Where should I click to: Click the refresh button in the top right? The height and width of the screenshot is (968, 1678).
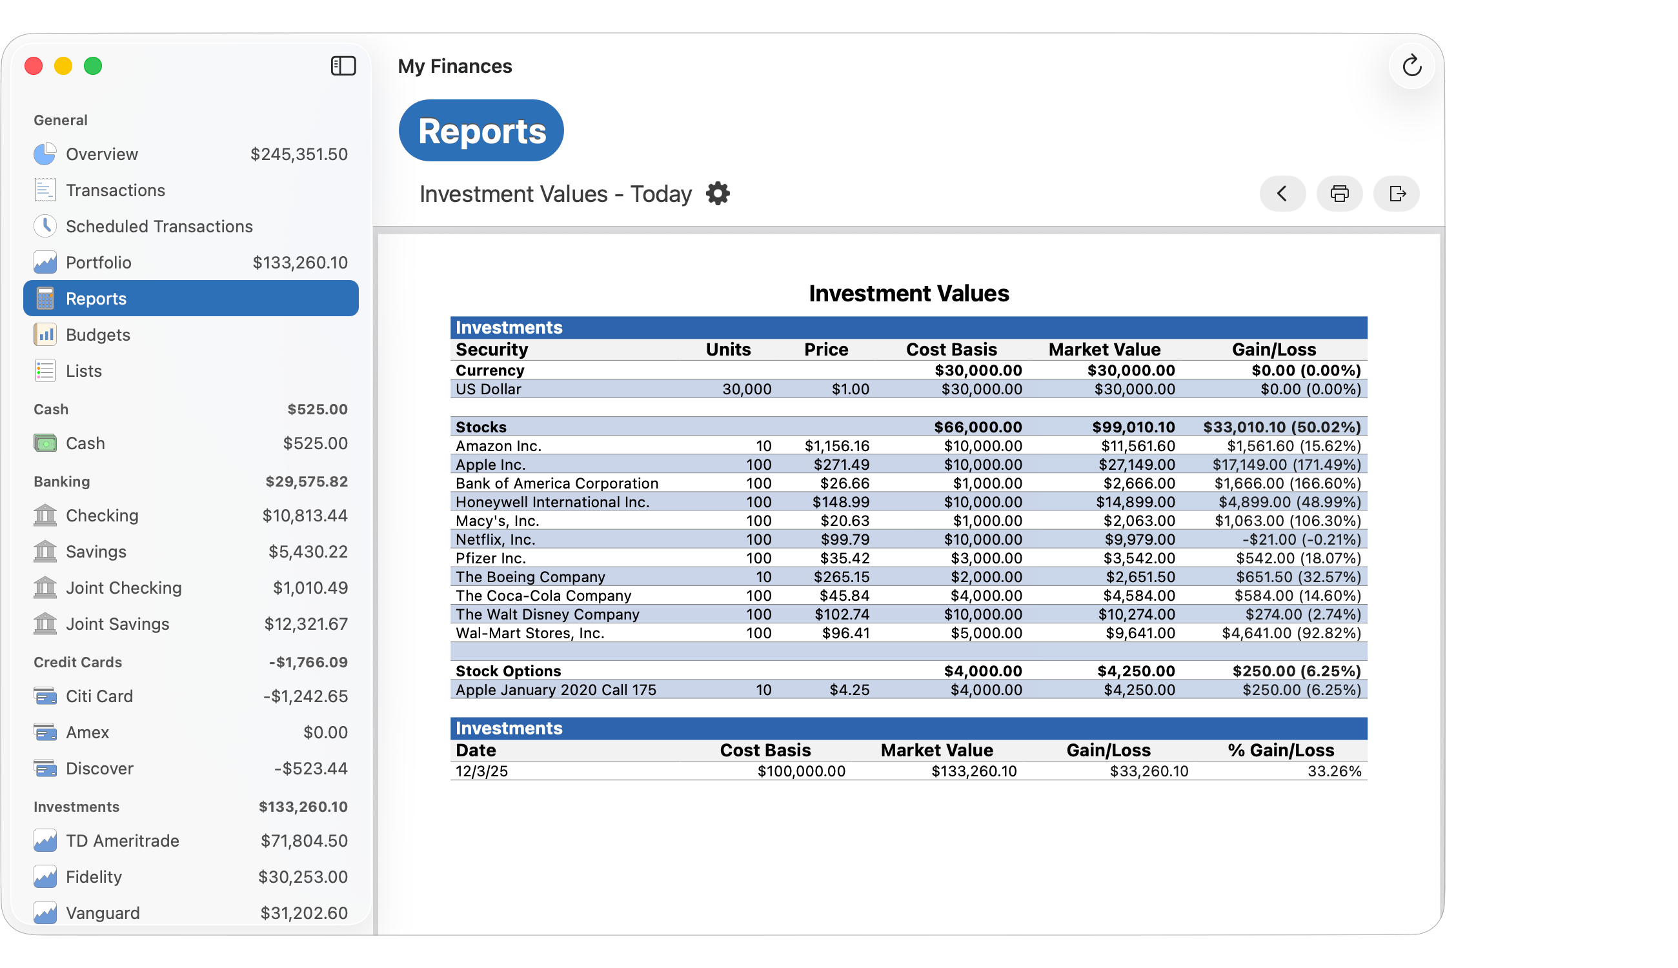1411,66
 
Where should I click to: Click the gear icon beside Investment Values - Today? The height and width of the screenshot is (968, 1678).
718,194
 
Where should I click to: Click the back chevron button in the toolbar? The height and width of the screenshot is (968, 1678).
1282,194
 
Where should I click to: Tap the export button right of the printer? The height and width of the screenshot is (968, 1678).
1397,194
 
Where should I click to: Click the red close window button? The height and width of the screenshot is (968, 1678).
34,66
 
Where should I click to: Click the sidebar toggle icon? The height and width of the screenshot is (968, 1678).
343,66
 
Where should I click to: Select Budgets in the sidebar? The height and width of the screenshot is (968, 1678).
97,334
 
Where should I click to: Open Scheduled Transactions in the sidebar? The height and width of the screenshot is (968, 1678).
159,226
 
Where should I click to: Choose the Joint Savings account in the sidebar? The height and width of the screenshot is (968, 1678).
117,623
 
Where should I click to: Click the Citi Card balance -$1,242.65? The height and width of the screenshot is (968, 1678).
305,696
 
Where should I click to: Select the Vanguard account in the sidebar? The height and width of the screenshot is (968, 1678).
103,913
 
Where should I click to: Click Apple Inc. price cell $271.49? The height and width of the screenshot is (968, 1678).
841,464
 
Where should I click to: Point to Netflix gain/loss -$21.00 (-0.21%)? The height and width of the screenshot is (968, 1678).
1301,539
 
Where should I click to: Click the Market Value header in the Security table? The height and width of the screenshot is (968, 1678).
1104,349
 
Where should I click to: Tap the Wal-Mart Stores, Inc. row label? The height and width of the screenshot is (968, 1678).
530,633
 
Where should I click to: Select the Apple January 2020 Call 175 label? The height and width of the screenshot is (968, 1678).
556,689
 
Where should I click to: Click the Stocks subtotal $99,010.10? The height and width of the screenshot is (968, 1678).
1133,427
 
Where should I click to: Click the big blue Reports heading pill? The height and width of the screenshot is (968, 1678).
481,131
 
